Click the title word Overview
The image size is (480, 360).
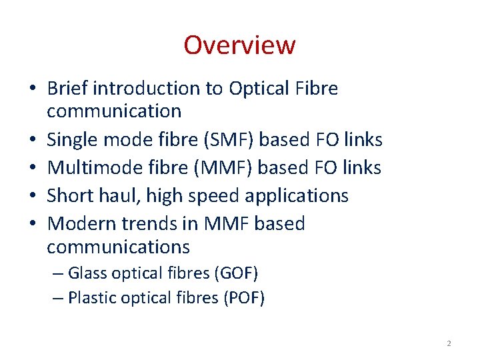[239, 45]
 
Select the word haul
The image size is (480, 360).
[121, 195]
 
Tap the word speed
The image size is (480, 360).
[215, 195]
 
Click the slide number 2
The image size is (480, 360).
[449, 343]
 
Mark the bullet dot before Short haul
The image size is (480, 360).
[32, 196]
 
